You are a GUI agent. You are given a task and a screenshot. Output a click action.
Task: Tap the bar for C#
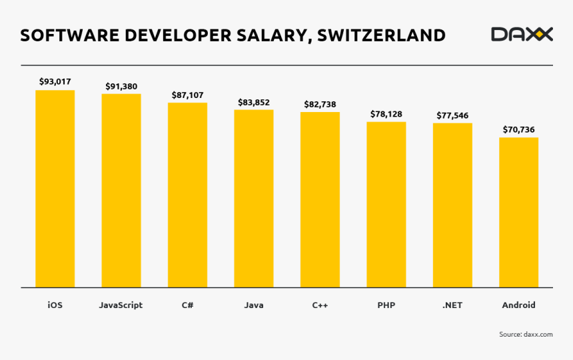pos(187,195)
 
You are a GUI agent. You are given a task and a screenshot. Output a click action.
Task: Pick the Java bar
pos(253,199)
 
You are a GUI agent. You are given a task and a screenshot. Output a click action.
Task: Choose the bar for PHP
pos(386,205)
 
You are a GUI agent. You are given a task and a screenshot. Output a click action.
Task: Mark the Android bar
pos(518,213)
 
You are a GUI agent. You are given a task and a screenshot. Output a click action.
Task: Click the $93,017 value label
pos(55,81)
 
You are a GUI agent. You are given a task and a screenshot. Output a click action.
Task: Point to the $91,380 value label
pos(121,86)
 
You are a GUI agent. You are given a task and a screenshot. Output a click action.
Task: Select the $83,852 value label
pos(254,102)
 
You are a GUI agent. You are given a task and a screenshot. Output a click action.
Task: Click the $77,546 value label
pos(452,115)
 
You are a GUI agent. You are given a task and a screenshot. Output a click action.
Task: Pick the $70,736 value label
pos(518,129)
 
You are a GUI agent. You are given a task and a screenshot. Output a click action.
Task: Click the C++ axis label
pos(320,305)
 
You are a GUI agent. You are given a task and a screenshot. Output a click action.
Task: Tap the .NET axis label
pos(452,305)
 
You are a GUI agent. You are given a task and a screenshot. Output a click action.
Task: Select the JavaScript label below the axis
pos(121,305)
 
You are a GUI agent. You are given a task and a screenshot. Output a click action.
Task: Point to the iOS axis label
pos(55,305)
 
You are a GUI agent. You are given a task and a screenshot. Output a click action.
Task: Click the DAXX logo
pos(522,34)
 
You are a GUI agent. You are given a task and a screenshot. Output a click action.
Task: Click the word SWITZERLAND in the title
pos(381,35)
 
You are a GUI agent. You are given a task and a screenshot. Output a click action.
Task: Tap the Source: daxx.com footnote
pos(526,334)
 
